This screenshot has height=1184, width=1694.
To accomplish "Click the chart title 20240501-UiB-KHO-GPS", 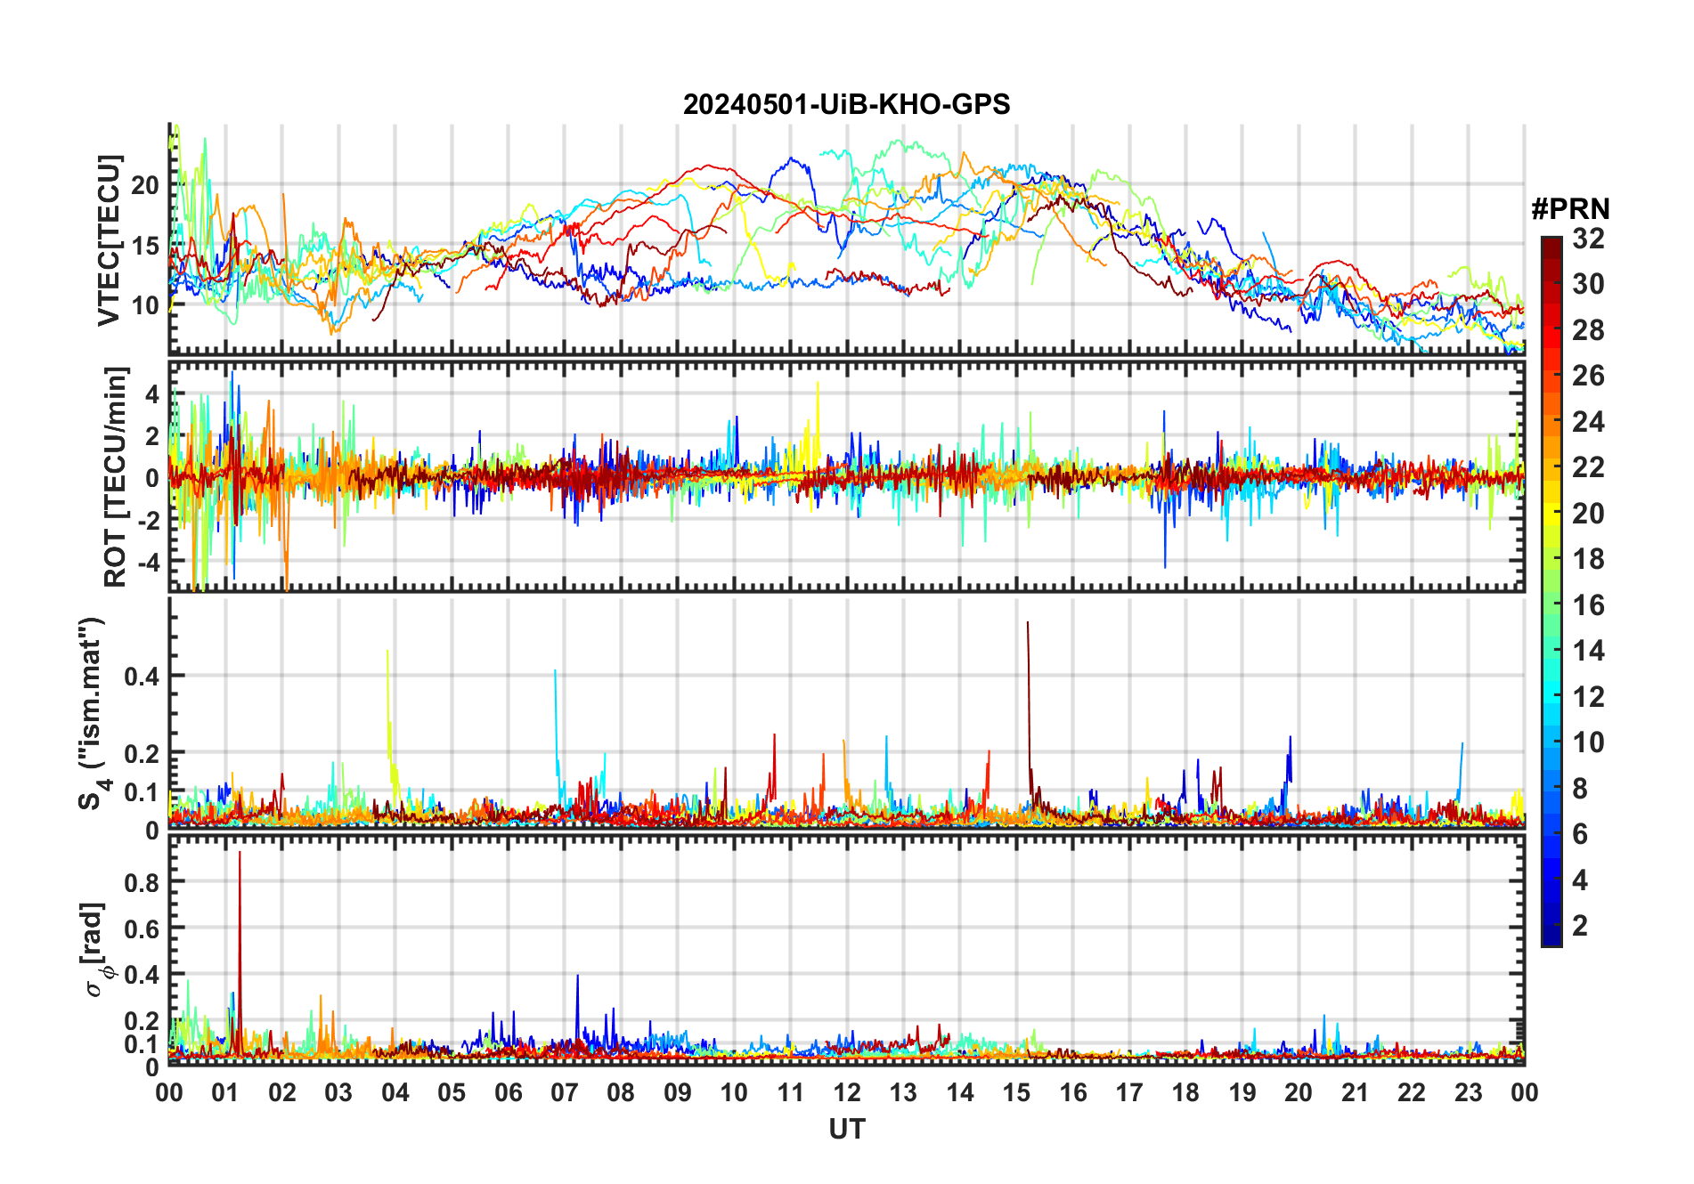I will [x=846, y=105].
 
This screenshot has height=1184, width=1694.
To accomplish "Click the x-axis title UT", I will [x=846, y=1129].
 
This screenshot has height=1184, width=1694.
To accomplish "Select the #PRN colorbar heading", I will [x=1570, y=209].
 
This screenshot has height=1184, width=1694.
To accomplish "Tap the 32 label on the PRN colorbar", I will [x=1588, y=239].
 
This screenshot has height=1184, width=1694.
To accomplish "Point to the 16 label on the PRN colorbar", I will [x=1588, y=605].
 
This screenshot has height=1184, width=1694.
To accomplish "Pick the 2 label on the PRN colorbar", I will [x=1580, y=926].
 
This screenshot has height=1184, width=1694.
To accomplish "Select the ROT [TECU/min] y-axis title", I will [x=116, y=476].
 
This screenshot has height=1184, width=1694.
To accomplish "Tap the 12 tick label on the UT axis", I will [x=847, y=1092].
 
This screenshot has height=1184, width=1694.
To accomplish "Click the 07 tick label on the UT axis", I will [x=565, y=1092].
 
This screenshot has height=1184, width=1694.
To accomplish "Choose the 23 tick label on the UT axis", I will [x=1468, y=1092].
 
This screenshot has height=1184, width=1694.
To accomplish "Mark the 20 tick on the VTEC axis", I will [x=145, y=185].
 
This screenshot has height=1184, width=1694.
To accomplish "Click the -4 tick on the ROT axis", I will [x=149, y=563].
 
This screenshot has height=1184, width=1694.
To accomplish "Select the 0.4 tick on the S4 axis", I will [x=142, y=676].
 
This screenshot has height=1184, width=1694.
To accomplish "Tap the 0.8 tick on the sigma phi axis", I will [x=142, y=882].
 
